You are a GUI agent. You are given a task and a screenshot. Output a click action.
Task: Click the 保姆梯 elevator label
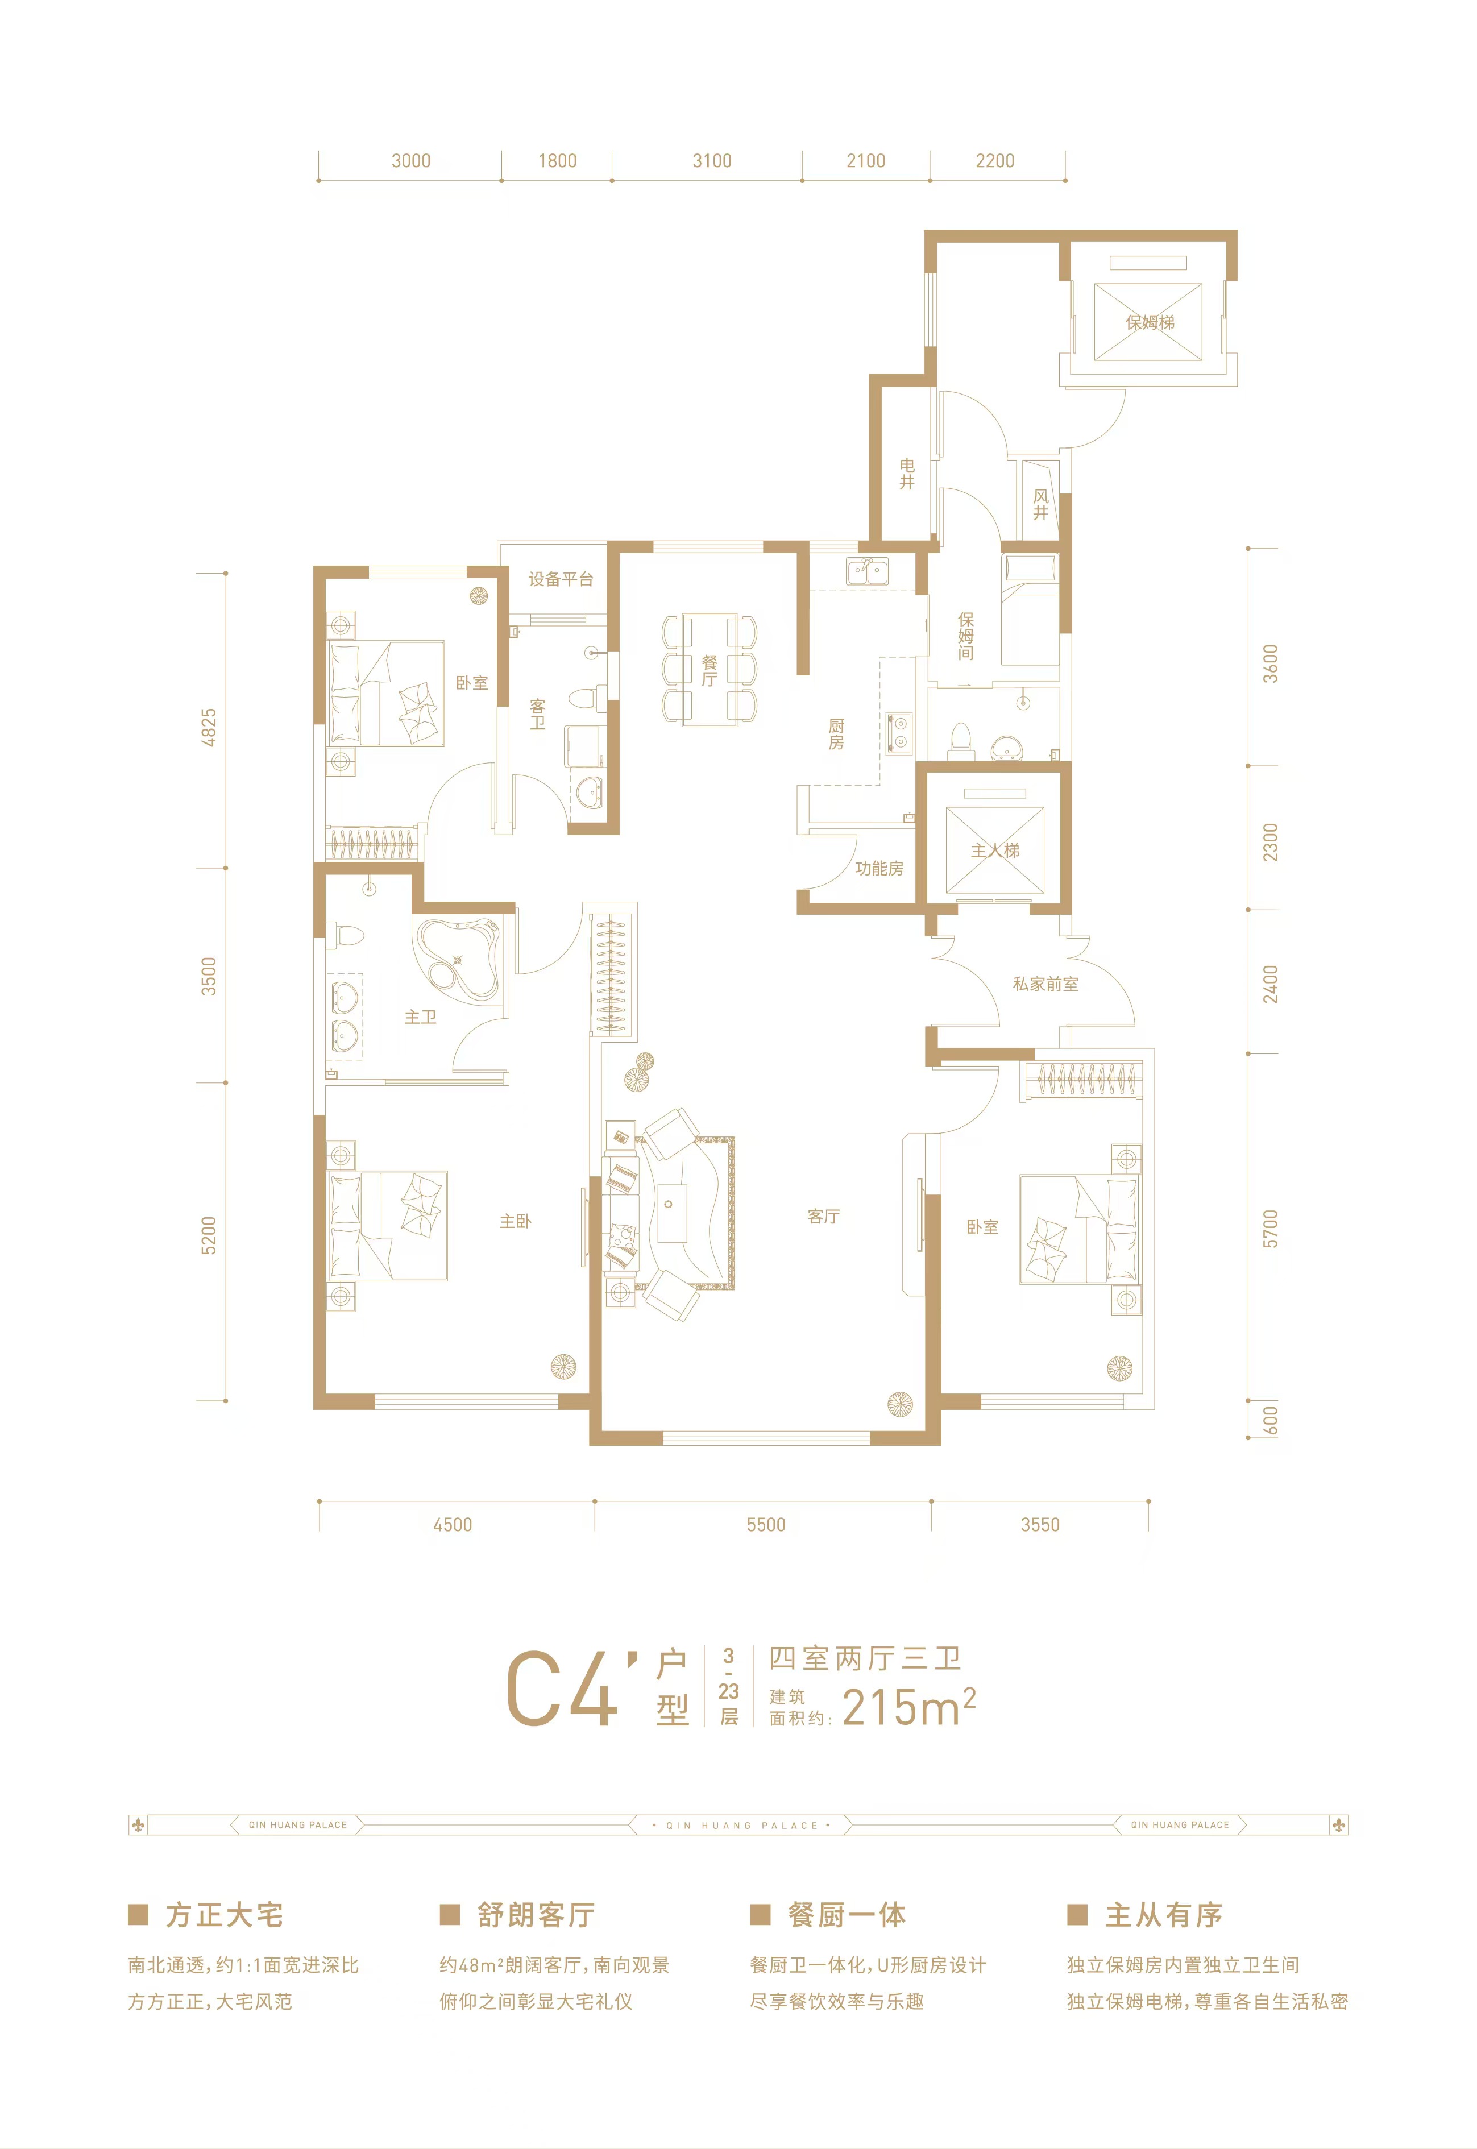click(1150, 322)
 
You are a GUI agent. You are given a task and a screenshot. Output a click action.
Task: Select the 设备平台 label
click(561, 579)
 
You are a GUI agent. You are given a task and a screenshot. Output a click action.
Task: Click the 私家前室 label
click(1045, 984)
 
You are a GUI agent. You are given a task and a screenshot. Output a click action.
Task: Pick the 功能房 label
click(878, 868)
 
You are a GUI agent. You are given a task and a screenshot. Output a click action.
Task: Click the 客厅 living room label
click(823, 1216)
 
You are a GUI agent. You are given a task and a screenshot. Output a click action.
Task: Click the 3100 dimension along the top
click(712, 161)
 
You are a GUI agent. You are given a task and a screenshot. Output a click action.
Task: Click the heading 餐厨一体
click(847, 1915)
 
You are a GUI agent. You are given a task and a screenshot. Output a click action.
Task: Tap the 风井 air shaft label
click(1041, 504)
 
